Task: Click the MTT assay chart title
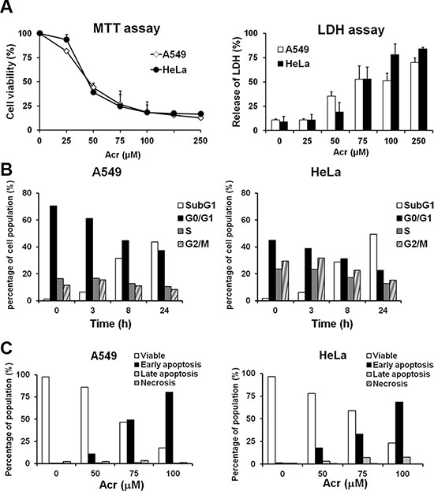click(126, 28)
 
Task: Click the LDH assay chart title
click(351, 30)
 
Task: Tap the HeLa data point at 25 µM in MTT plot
click(66, 39)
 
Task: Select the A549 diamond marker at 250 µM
click(200, 117)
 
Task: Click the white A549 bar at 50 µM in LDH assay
click(331, 113)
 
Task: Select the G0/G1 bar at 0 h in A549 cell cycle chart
click(54, 253)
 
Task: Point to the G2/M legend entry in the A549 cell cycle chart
click(193, 244)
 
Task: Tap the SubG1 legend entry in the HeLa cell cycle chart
click(415, 206)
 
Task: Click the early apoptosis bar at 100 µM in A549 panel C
click(170, 428)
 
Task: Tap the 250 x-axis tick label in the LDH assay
click(419, 141)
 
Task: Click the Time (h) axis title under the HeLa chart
click(332, 323)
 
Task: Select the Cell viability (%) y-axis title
click(10, 82)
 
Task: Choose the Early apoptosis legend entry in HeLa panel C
click(400, 365)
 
